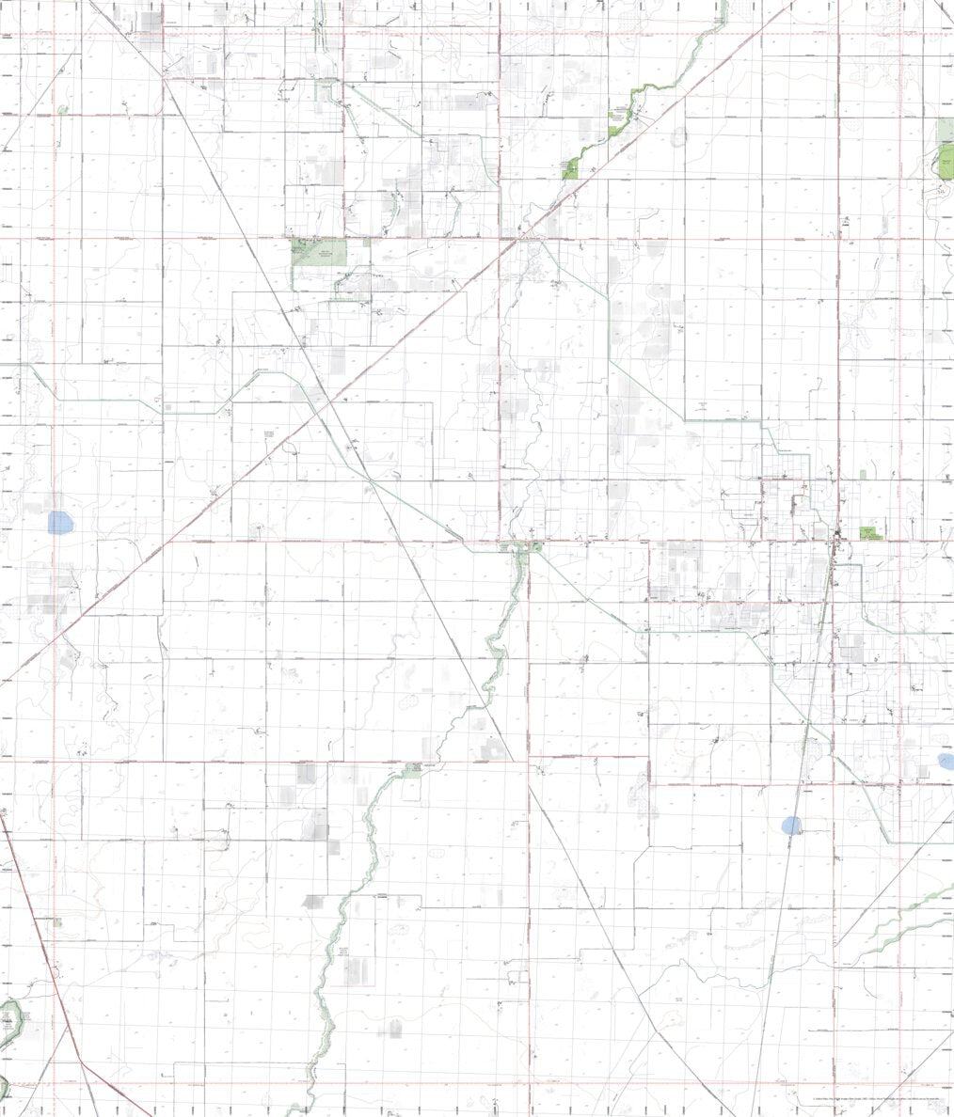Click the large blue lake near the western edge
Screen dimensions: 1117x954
59,522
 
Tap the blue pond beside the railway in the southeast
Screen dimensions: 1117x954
792,826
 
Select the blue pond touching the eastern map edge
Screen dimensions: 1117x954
946,762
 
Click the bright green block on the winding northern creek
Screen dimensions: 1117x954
570,169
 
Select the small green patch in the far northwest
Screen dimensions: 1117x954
63,110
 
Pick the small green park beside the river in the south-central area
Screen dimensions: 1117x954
414,768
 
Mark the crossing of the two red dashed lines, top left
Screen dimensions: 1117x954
54,35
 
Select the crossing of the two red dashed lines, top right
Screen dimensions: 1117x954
900,35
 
